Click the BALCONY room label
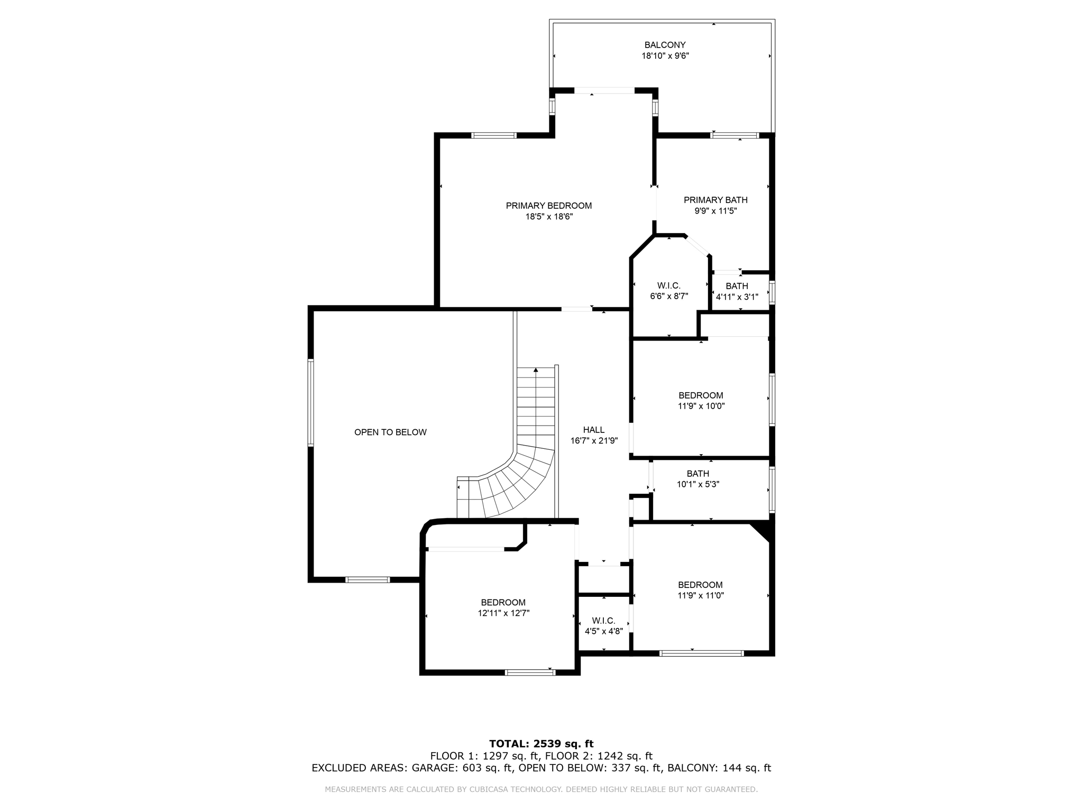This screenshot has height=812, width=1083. [x=665, y=45]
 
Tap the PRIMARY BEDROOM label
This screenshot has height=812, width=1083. [x=548, y=206]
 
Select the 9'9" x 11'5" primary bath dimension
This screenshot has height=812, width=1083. [x=715, y=211]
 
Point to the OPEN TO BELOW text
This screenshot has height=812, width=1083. [x=390, y=432]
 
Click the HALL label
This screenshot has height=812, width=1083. [x=593, y=430]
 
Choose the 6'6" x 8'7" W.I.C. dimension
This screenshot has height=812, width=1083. [x=668, y=297]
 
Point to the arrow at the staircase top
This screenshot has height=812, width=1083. [x=536, y=370]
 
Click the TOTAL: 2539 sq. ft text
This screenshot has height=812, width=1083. [x=541, y=744]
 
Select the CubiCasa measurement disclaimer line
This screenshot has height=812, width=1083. [x=541, y=789]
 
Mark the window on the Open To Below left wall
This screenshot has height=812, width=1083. [x=311, y=403]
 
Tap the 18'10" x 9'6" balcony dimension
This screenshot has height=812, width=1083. [x=665, y=56]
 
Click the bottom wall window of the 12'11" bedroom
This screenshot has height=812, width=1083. [x=530, y=672]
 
